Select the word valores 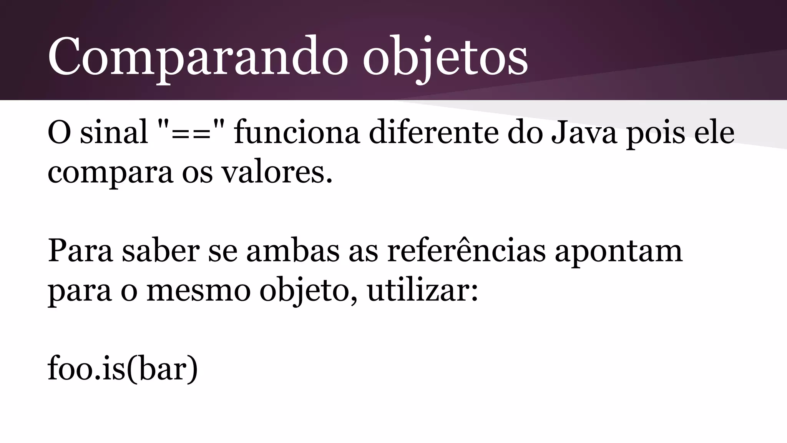[277, 172]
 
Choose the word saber [161, 251]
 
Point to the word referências [466, 251]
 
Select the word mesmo [199, 291]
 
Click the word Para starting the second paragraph [80, 251]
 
